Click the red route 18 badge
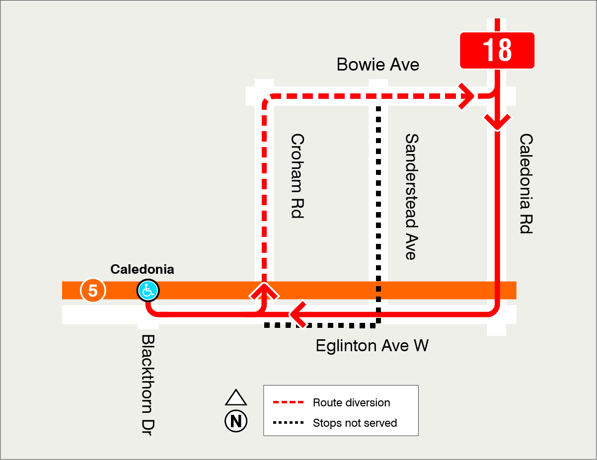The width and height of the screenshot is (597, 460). (x=497, y=50)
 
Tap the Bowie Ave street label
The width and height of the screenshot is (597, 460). (x=377, y=65)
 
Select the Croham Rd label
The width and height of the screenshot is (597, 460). (x=297, y=175)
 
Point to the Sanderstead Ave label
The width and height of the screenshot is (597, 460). (x=410, y=196)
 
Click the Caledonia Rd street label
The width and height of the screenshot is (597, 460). (x=525, y=183)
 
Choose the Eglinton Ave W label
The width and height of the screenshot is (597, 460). (x=372, y=345)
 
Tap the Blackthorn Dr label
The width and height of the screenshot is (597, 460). (x=149, y=385)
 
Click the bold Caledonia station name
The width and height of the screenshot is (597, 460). (x=142, y=269)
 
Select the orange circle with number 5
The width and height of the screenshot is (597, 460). (x=93, y=291)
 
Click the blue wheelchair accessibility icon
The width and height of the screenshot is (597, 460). (x=148, y=291)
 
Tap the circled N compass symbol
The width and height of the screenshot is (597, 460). (x=236, y=421)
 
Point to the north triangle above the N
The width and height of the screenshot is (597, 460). (x=236, y=398)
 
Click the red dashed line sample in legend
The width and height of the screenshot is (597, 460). (x=288, y=402)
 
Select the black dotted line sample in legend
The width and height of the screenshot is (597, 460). (x=288, y=423)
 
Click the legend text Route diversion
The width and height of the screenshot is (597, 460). (x=351, y=402)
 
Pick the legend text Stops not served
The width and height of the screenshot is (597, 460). (x=355, y=423)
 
